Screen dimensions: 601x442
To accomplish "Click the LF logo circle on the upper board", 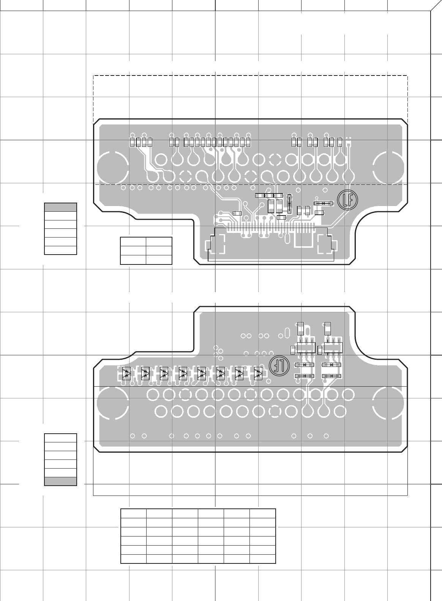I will [x=346, y=199].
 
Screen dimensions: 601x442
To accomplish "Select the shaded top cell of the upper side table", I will [x=61, y=207].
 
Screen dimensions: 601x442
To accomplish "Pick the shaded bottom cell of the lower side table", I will [x=61, y=481].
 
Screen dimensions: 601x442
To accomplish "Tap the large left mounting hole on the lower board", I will [x=112, y=403].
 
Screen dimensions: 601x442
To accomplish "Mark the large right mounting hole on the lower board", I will [x=388, y=403].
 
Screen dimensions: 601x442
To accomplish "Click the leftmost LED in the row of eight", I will [x=126, y=373].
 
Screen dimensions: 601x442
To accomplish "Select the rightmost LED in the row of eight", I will [x=258, y=373].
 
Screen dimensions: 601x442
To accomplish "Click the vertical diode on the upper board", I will [x=289, y=203].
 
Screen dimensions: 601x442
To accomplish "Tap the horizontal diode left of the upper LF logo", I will [x=324, y=203].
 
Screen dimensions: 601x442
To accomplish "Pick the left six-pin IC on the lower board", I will [x=306, y=347].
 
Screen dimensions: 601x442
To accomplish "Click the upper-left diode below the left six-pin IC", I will [x=305, y=365].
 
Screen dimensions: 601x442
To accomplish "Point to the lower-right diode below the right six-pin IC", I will [x=332, y=376].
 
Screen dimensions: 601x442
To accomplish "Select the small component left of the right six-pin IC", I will [x=320, y=349].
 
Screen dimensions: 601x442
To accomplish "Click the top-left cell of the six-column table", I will [x=134, y=514].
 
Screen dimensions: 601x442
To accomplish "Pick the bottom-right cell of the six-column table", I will [x=262, y=559].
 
